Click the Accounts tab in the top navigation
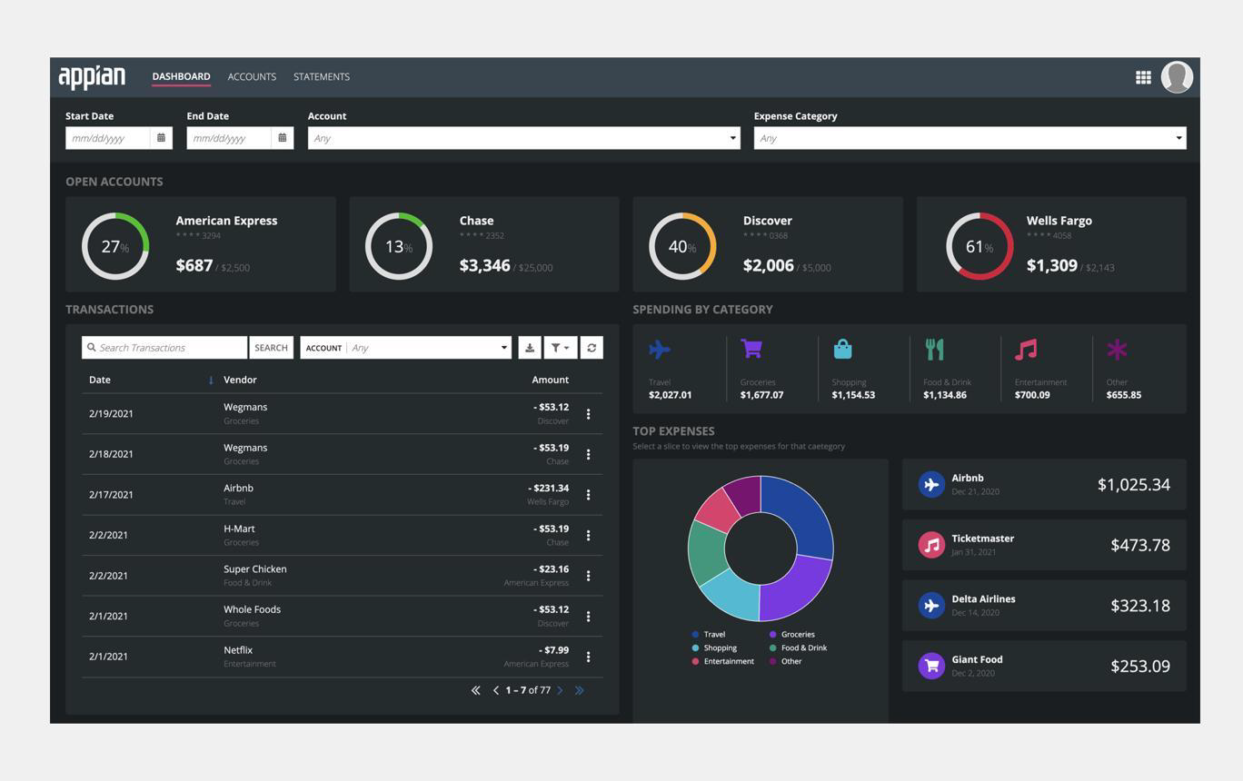(252, 76)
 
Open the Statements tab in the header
(322, 76)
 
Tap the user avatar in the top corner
(1177, 77)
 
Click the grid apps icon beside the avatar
(1143, 77)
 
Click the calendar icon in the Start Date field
(161, 137)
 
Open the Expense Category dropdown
(970, 138)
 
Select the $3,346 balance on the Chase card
(484, 266)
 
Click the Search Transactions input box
(164, 348)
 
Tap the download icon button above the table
(530, 348)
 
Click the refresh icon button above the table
(592, 348)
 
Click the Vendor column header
(240, 380)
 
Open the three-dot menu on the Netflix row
(588, 657)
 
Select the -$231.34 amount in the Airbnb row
(548, 489)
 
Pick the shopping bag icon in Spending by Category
(842, 349)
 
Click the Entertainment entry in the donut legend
(723, 661)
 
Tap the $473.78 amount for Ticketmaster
(1139, 545)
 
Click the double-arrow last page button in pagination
(580, 690)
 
